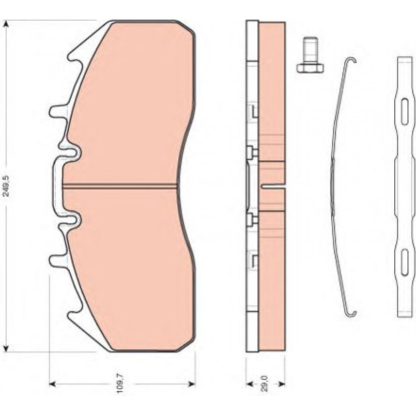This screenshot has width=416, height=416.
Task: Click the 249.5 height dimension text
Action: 6,186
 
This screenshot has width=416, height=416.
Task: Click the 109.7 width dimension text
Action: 120,383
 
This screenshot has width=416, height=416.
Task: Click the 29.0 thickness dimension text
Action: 265,383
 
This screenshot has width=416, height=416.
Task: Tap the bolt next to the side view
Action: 310,55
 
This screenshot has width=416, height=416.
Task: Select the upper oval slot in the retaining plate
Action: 405,111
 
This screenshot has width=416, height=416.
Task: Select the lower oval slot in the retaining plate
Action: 405,262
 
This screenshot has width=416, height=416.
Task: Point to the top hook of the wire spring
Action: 351,60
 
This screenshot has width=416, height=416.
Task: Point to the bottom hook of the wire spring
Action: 351,314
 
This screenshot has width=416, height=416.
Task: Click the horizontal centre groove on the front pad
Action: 120,186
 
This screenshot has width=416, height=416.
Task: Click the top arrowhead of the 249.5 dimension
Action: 6,24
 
